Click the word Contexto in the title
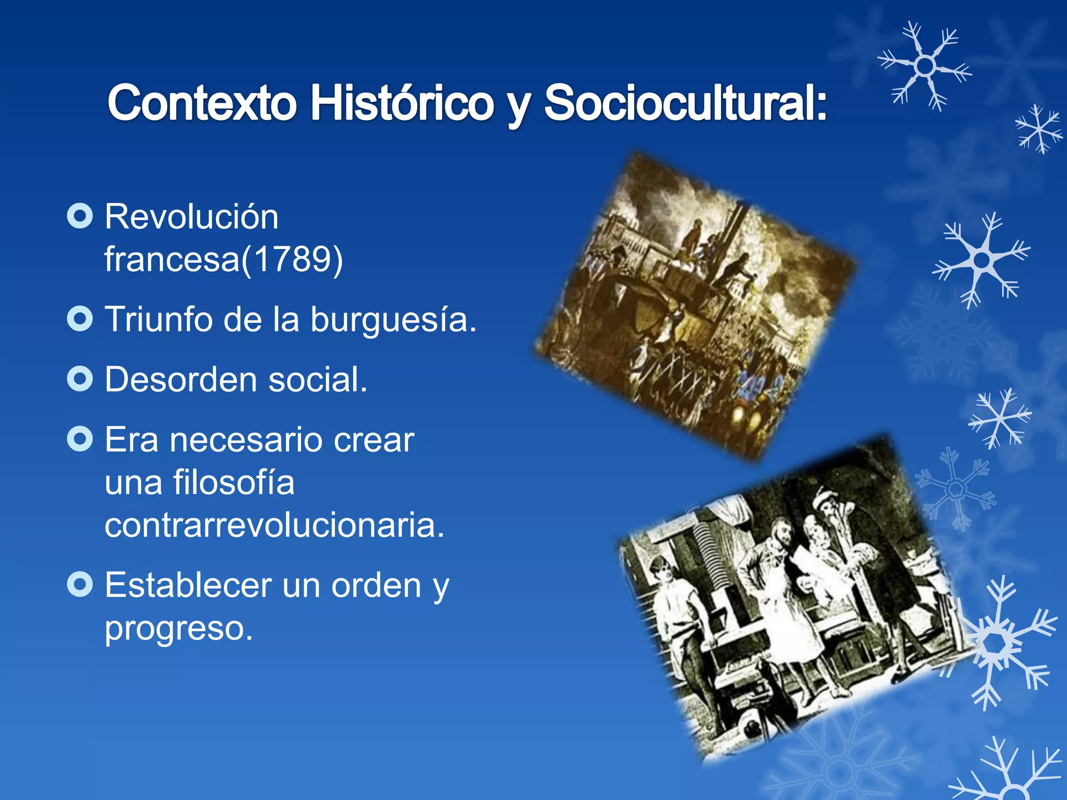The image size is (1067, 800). pyautogui.click(x=202, y=103)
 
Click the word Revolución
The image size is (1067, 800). pyautogui.click(x=192, y=217)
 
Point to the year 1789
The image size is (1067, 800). pyautogui.click(x=294, y=259)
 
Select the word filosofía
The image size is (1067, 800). pyautogui.click(x=234, y=482)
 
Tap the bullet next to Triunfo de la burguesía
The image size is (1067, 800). pyautogui.click(x=80, y=319)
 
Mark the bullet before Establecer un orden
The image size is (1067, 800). pyautogui.click(x=80, y=584)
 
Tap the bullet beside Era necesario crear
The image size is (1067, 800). pyautogui.click(x=80, y=439)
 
